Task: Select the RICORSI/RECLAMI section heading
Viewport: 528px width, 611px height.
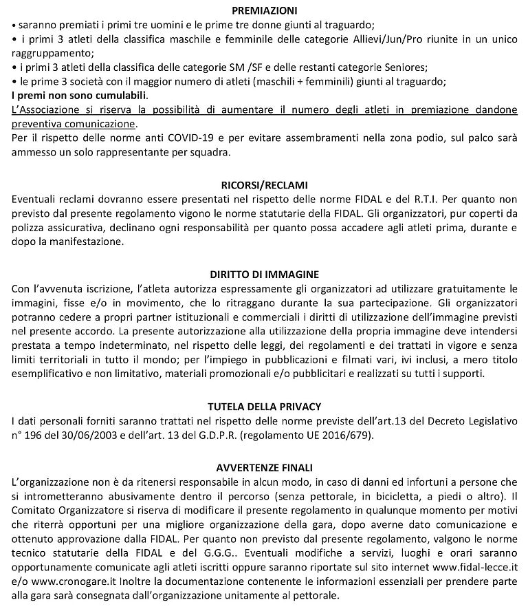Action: click(264, 185)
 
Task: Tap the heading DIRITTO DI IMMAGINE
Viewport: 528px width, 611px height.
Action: click(264, 273)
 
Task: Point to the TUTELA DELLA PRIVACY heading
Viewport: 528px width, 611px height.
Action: click(264, 406)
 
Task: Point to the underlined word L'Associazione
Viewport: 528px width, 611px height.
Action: click(46, 110)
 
